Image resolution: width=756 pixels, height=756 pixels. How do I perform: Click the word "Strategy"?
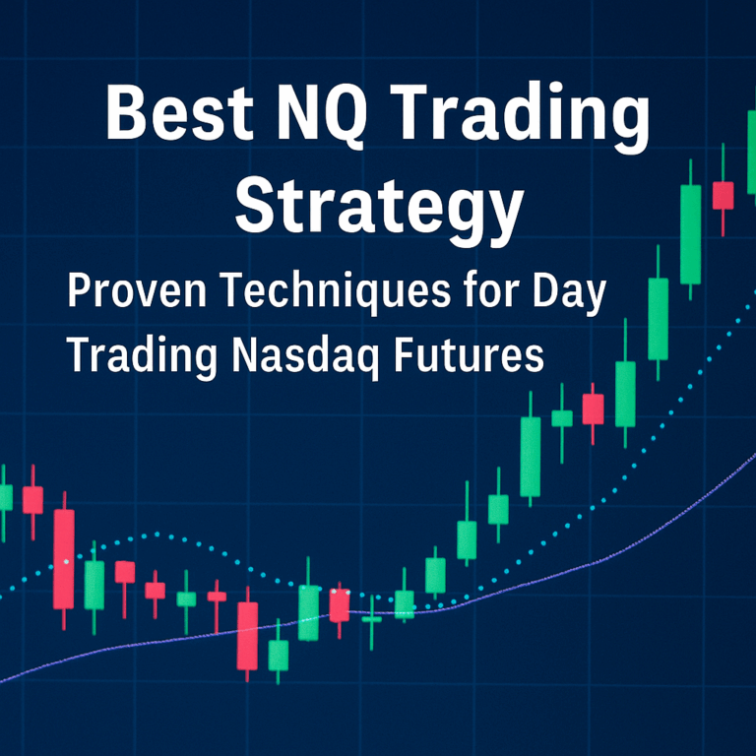[379, 206]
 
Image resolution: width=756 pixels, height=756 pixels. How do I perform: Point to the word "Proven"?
[133, 294]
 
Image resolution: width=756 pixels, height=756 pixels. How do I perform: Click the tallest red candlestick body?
[64, 559]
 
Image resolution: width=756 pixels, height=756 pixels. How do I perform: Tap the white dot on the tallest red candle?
[66, 561]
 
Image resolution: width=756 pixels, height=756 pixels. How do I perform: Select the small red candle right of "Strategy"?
[723, 195]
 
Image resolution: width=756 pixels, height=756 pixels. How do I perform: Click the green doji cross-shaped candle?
[371, 619]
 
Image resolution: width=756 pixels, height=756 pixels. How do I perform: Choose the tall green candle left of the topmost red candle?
[690, 234]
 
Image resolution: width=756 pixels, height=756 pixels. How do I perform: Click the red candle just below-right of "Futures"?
[593, 409]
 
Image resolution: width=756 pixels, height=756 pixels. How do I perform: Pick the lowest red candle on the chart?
[247, 636]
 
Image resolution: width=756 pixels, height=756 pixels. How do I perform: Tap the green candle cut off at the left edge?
[5, 497]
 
